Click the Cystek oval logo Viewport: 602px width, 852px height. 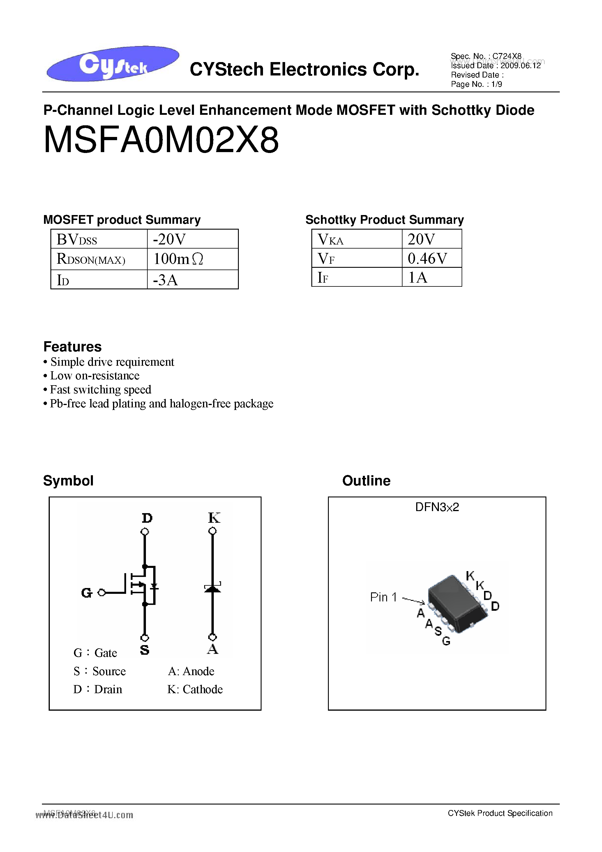(113, 64)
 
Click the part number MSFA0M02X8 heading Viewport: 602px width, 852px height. (161, 140)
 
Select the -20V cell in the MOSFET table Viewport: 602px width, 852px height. (192, 239)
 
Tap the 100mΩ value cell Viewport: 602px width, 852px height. (192, 259)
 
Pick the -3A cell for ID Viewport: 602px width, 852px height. (192, 280)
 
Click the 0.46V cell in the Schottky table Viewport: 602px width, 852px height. (431, 258)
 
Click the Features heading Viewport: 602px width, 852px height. (72, 346)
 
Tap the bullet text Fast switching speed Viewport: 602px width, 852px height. (100, 390)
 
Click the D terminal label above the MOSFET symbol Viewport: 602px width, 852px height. (147, 518)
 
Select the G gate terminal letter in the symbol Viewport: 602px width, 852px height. (86, 593)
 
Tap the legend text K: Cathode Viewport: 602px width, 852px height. (195, 689)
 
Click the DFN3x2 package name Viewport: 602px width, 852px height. (437, 507)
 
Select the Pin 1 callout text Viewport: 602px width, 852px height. (383, 597)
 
